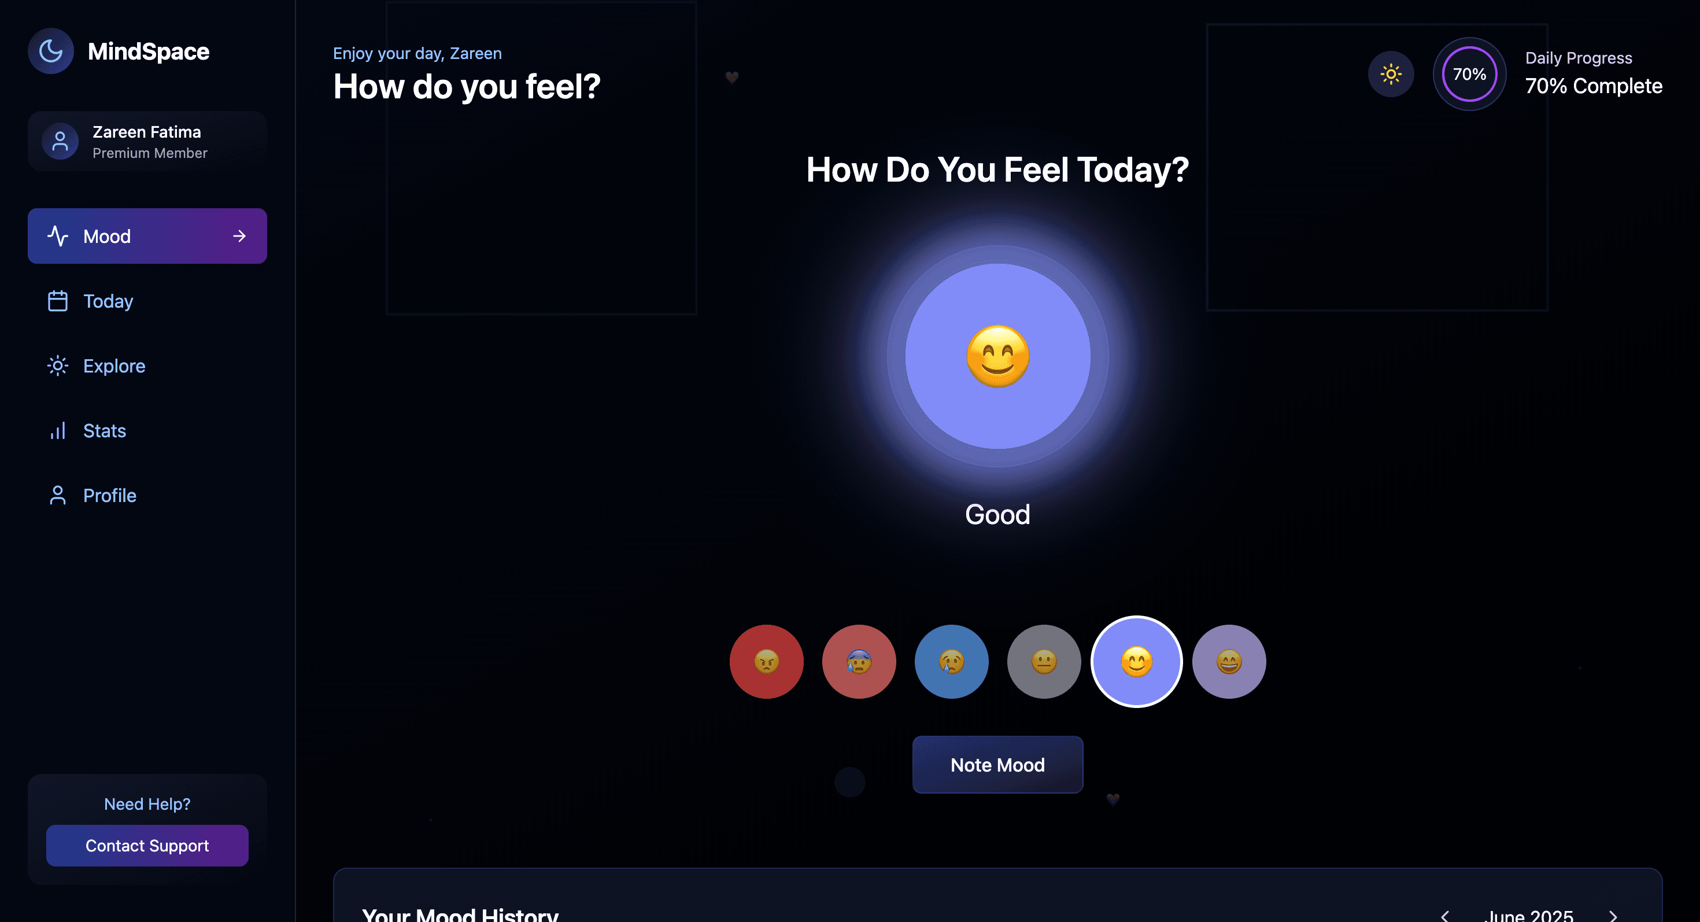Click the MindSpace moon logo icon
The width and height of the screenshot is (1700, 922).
click(51, 51)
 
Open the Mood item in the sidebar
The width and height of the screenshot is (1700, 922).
click(146, 236)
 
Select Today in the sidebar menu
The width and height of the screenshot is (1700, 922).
click(108, 301)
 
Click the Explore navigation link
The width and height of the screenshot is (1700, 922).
click(113, 366)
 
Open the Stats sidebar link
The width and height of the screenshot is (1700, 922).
click(104, 431)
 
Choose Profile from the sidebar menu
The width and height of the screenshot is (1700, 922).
click(109, 496)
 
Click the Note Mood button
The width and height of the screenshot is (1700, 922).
click(997, 765)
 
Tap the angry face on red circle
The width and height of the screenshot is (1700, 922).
click(766, 661)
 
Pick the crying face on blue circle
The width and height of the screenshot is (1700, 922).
click(951, 661)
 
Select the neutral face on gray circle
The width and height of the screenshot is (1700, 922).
click(1043, 661)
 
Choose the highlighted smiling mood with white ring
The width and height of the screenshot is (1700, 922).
click(1136, 661)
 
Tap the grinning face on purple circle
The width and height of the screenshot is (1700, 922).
click(1229, 661)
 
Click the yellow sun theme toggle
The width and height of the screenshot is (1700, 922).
click(1391, 74)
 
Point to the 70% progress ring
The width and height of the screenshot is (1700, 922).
click(1469, 74)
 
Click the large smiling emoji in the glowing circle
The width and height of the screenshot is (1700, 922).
click(998, 356)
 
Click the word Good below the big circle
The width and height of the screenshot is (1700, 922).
click(997, 515)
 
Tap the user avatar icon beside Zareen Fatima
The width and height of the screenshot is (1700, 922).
click(60, 141)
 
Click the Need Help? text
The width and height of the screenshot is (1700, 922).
click(146, 804)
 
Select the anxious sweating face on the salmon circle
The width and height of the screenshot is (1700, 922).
click(859, 661)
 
